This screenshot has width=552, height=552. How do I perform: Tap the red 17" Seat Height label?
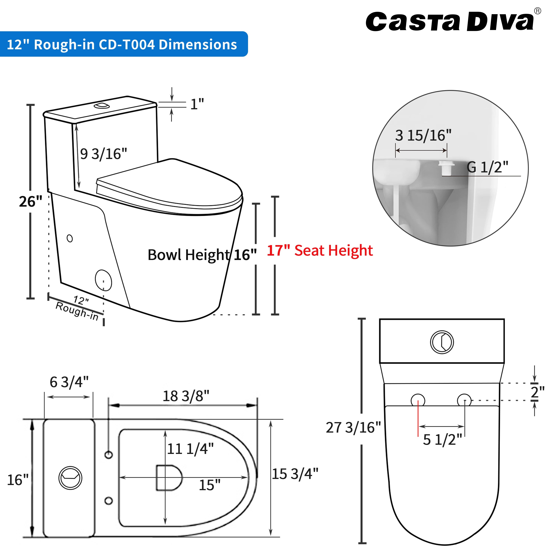(x=319, y=251)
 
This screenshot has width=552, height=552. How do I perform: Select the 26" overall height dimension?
(x=30, y=202)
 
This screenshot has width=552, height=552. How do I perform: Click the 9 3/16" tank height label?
(x=103, y=154)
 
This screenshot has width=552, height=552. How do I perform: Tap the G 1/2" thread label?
(x=487, y=167)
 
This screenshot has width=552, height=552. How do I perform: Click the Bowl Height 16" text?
(x=202, y=255)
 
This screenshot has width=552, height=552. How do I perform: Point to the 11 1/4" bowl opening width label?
(x=190, y=449)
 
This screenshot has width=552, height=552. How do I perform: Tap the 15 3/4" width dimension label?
(x=295, y=474)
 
